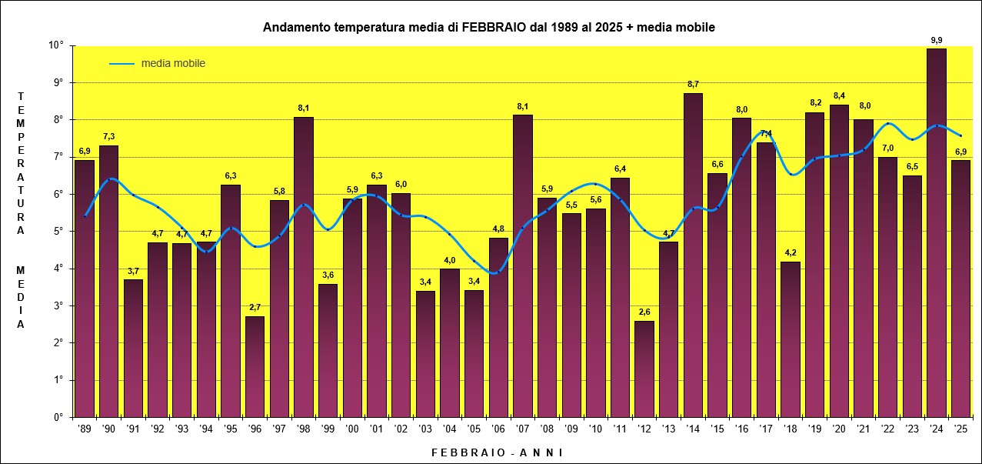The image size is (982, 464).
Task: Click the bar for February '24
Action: [x=937, y=232]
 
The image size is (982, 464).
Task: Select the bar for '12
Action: [x=644, y=369]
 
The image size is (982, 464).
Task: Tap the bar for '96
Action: [x=255, y=366]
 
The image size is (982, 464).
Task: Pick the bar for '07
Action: [x=523, y=265]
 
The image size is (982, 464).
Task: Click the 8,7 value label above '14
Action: [x=693, y=84]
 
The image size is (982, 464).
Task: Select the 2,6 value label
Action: [x=644, y=312]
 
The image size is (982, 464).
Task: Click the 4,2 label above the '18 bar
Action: [x=791, y=252]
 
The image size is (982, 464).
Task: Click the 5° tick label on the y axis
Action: [x=58, y=231]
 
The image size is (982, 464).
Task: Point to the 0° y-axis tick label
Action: [x=58, y=417]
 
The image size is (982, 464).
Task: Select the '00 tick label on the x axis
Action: [x=352, y=429]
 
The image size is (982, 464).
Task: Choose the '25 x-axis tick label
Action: [x=960, y=429]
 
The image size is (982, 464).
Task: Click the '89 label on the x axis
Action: [x=84, y=429]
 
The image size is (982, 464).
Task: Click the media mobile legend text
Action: [x=173, y=63]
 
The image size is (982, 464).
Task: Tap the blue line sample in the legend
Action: [x=122, y=64]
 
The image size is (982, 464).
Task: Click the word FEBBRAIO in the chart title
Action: [x=494, y=27]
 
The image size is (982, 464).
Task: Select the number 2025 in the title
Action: [x=609, y=27]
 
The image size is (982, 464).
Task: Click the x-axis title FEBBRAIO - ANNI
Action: [x=498, y=452]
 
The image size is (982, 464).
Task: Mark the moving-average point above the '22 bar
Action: [x=887, y=124]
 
